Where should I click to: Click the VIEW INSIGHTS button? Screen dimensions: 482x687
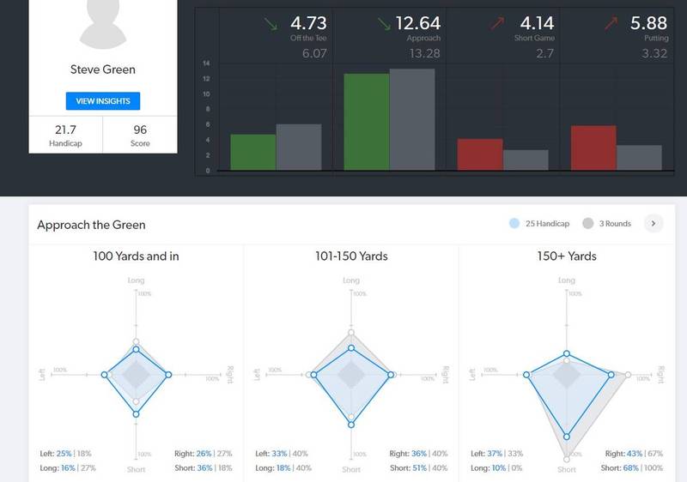click(x=103, y=101)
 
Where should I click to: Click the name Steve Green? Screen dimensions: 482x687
click(x=103, y=69)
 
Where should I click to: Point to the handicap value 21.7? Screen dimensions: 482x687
click(x=66, y=129)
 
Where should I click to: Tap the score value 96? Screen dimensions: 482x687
click(x=139, y=129)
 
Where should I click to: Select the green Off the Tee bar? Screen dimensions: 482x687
click(x=253, y=152)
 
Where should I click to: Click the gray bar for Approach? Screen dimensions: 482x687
click(x=412, y=119)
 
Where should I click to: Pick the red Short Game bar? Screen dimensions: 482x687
click(x=480, y=154)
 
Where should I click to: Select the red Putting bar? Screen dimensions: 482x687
click(x=593, y=148)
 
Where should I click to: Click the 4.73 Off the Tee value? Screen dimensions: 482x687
click(x=308, y=23)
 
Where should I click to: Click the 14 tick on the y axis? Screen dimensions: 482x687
click(x=207, y=63)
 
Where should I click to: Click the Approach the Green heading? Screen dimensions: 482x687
click(x=91, y=225)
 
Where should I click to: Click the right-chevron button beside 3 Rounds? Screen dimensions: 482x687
click(x=653, y=224)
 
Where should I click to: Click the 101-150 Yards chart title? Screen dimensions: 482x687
click(x=351, y=256)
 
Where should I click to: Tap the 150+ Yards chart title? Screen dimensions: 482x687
click(x=566, y=256)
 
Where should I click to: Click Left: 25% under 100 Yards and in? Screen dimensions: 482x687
click(x=56, y=453)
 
